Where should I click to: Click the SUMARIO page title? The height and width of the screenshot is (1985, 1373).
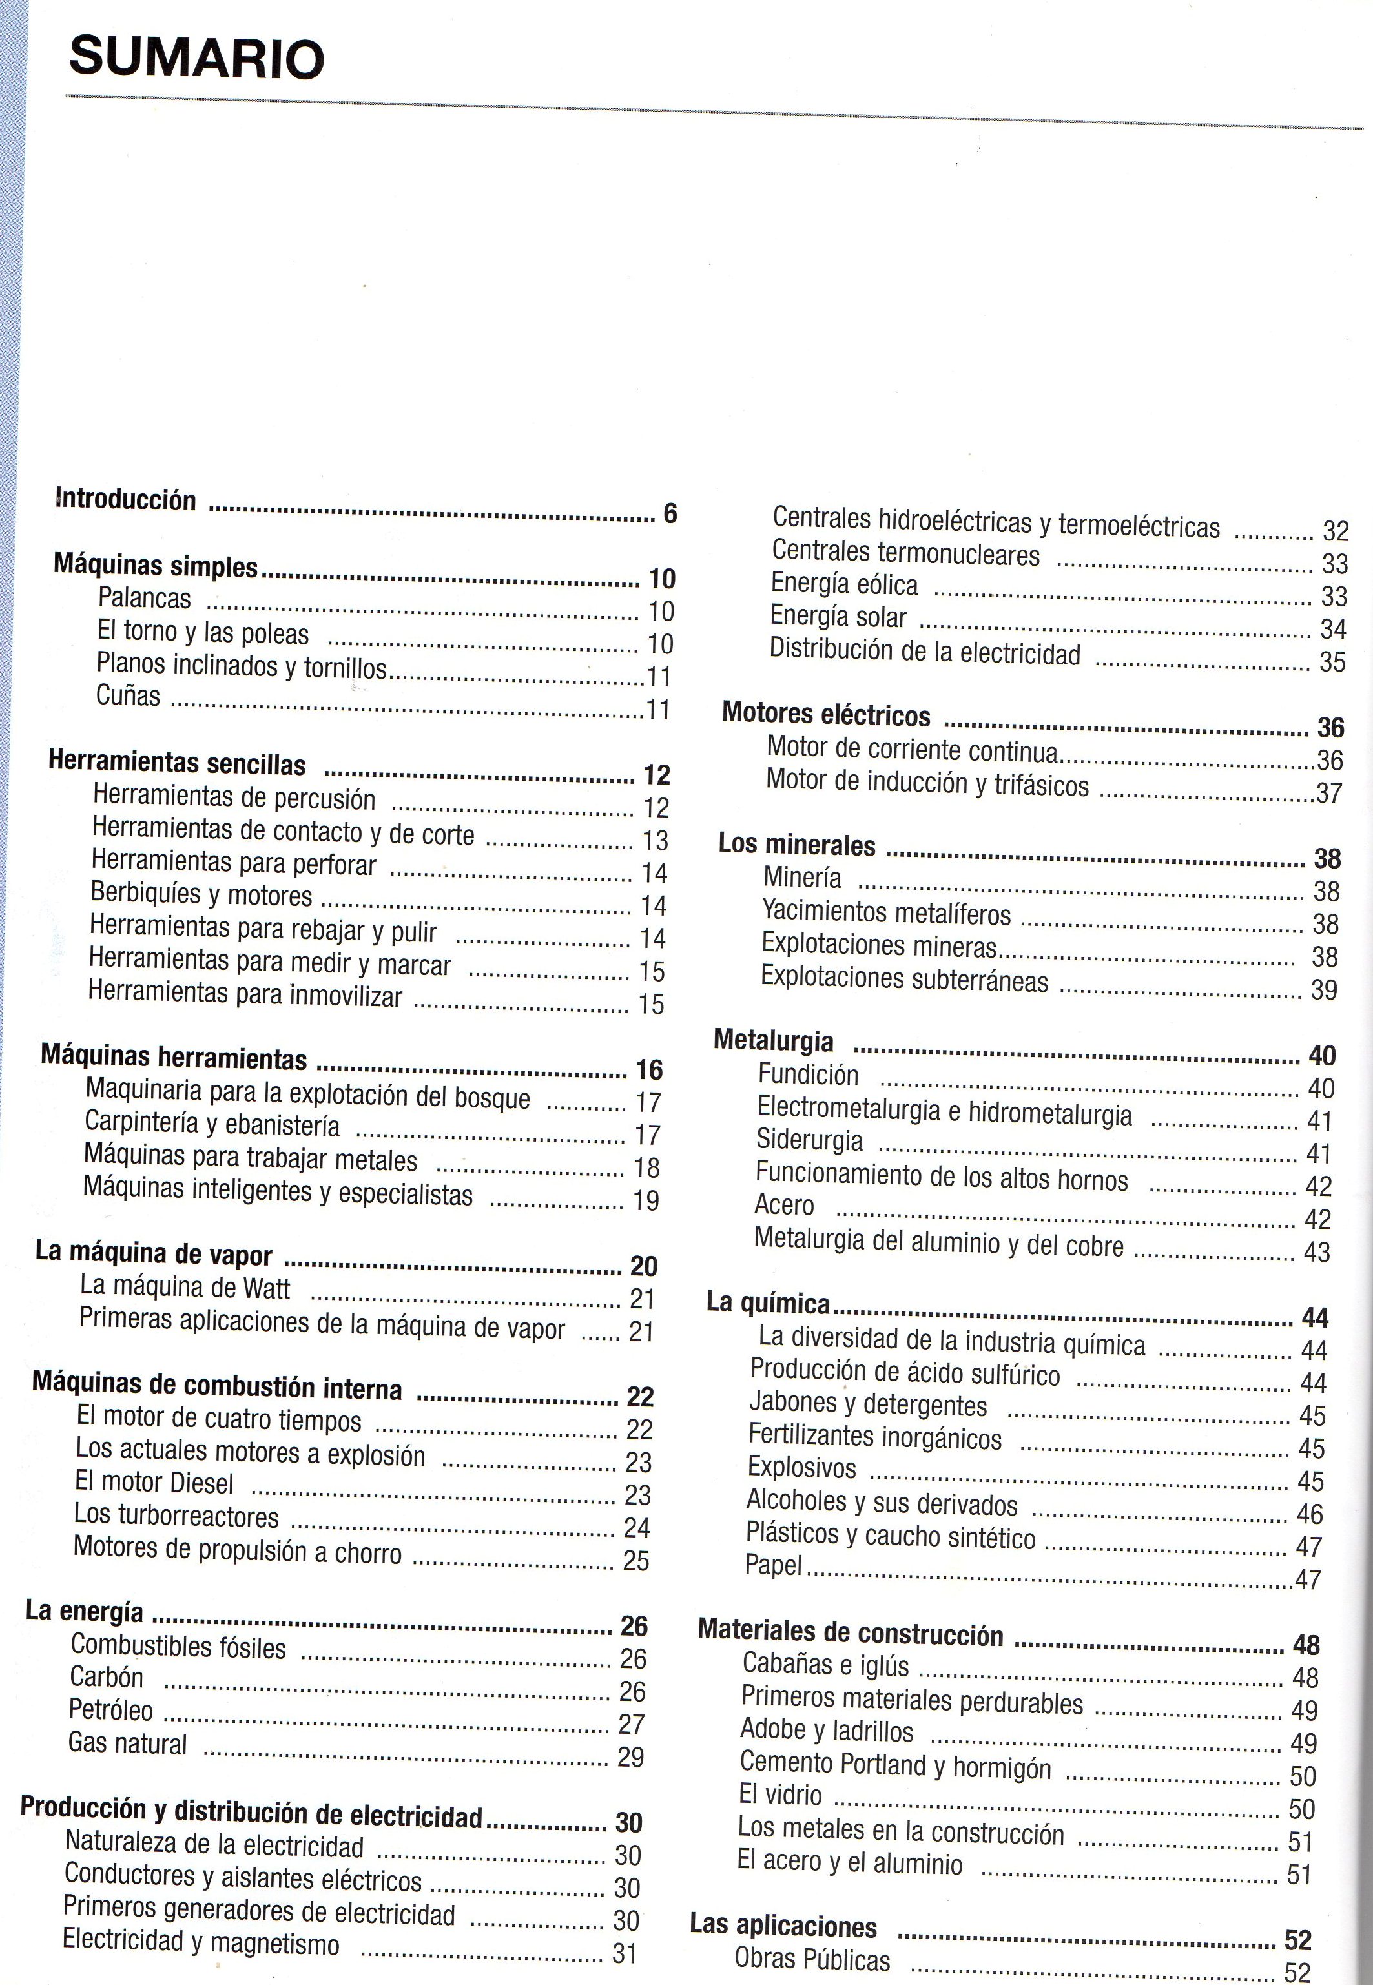196,59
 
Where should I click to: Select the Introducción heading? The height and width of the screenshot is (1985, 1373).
125,500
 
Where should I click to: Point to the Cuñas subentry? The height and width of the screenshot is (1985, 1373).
128,695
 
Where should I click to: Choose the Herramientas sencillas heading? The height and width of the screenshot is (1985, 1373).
177,763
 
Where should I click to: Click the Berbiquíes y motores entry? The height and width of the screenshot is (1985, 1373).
201,894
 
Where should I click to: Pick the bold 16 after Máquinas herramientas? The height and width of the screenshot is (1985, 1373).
650,1070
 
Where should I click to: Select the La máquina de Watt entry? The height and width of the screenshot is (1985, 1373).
185,1288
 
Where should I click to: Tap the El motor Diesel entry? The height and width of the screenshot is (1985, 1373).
154,1482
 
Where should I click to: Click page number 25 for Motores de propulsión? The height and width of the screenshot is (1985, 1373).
635,1560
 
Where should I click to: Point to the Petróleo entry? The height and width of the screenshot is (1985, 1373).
111,1710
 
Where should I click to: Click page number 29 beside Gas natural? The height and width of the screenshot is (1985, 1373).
630,1757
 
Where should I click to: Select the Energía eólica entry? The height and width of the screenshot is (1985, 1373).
844,585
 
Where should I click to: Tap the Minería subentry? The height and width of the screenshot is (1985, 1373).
801,878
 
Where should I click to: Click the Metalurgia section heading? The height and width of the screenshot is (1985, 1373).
774,1041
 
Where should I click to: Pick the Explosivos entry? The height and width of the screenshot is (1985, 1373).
801,1466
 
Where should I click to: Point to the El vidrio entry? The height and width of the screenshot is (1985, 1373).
780,1794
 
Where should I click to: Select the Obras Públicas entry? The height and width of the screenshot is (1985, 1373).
812,1959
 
